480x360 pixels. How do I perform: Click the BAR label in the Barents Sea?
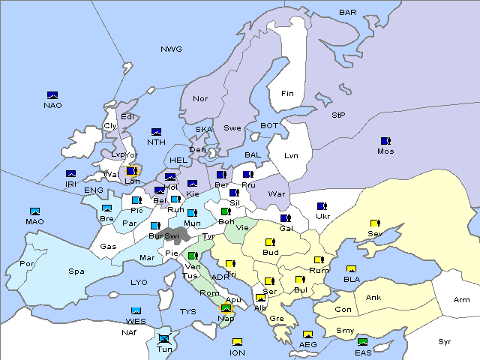coord(348,12)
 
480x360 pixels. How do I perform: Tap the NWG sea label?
coord(171,49)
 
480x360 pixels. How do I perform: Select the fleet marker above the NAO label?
coord(52,94)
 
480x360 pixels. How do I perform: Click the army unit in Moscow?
coord(385,140)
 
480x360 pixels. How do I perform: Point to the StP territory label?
coord(339,115)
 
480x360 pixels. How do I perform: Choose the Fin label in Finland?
coord(287,94)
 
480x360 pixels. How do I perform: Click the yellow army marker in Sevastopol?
coord(375,223)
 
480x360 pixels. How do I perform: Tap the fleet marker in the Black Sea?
coord(351,269)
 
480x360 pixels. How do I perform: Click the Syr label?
coord(445,341)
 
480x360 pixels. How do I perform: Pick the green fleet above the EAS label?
coord(363,343)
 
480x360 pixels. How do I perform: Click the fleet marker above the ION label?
coord(238,342)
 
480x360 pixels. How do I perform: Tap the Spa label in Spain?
coord(76,271)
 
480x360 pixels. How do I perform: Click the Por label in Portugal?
coord(28,264)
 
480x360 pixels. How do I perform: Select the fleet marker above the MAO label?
coord(34,211)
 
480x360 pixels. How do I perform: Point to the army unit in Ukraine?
coord(322,206)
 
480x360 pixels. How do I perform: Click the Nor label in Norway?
coord(200,99)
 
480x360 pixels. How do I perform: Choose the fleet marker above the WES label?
coord(136,310)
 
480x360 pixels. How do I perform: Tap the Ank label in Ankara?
coord(373,298)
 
